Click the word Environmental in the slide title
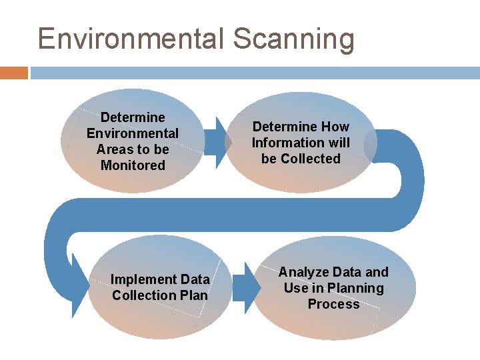pos(131,39)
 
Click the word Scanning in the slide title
pos(293,40)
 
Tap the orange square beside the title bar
pos(13,73)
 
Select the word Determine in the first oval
pos(133,117)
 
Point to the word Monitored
pos(133,165)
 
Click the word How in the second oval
pos(335,127)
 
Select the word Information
pos(285,143)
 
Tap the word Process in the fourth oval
pos(333,304)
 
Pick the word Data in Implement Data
pos(195,279)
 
